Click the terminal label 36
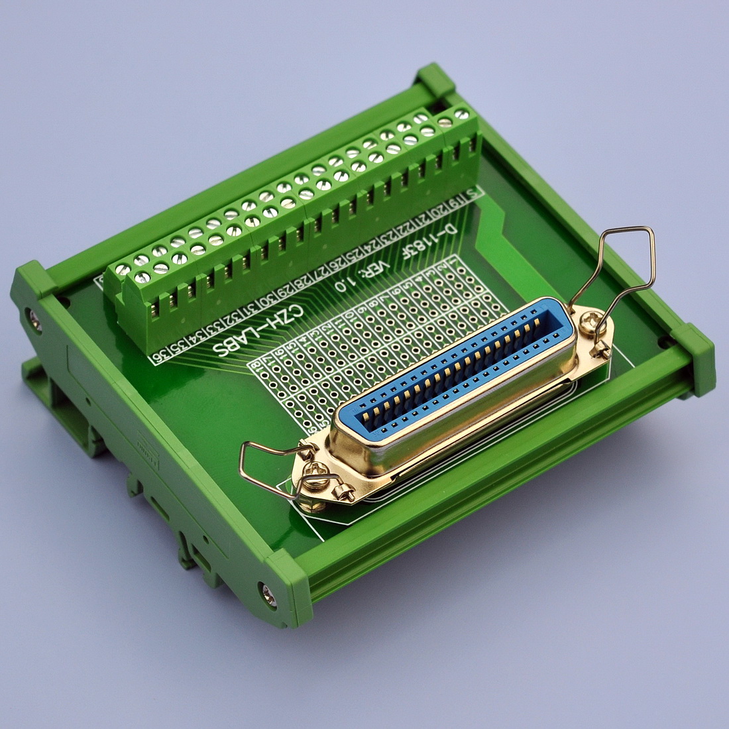(x=160, y=358)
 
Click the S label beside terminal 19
(x=472, y=194)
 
